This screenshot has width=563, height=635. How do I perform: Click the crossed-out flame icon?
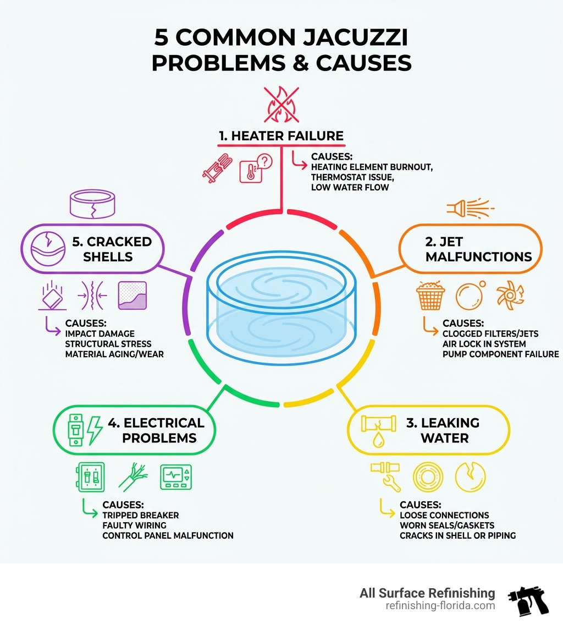point(281,105)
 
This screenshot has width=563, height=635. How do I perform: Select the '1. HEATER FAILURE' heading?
point(281,136)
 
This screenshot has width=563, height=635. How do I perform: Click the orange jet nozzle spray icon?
point(470,208)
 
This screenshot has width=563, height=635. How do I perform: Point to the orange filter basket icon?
point(430,295)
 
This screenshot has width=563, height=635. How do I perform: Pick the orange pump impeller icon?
point(510,295)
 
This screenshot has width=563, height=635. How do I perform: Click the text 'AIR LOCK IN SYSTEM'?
point(484,344)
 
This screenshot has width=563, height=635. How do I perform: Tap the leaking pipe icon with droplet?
point(378,430)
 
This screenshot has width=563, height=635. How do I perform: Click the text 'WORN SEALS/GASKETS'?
point(447,525)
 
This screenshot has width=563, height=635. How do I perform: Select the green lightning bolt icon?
point(95,430)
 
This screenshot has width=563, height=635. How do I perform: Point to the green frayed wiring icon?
point(133,477)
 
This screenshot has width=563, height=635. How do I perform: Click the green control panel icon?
point(176,477)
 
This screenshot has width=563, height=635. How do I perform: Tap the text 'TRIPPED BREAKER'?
point(140,515)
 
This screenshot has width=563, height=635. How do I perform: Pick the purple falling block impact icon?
point(53,295)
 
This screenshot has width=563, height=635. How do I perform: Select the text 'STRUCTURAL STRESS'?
point(108,344)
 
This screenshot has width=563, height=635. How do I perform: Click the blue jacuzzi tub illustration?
point(281,308)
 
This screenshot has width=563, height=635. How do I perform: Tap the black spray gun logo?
point(528,600)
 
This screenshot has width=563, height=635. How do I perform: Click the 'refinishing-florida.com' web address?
point(440,606)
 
